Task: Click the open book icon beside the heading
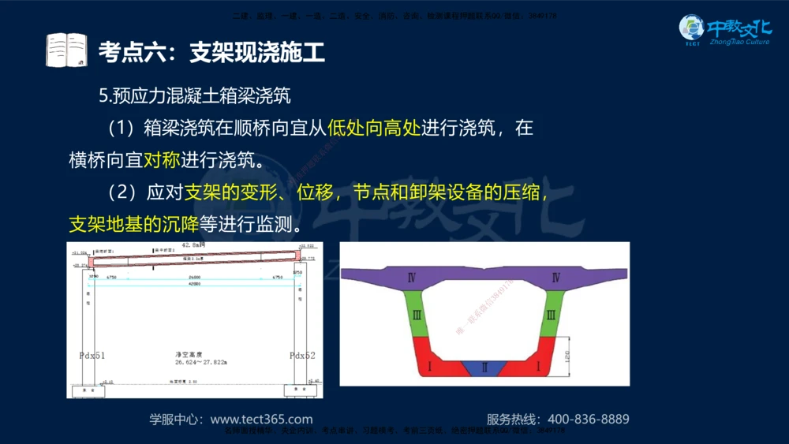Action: pos(66,50)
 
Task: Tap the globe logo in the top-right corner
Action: pos(692,29)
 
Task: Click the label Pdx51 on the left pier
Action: pos(92,356)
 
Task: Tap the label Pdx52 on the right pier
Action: pos(301,356)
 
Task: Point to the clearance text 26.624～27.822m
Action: pos(201,362)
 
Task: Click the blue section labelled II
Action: pos(485,368)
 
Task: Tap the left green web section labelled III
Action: pos(417,315)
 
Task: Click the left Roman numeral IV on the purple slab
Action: pos(411,278)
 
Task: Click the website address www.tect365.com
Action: pos(261,420)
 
